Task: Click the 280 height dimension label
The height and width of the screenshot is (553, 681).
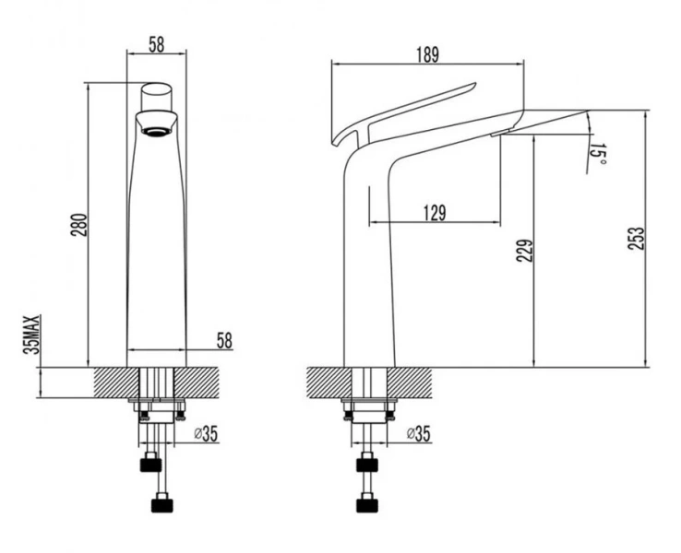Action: point(79,225)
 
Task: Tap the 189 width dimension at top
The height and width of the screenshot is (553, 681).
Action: point(428,54)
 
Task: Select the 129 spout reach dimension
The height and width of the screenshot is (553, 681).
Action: point(435,213)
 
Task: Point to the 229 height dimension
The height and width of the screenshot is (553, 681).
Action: point(525,251)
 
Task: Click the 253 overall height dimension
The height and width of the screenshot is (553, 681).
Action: point(637,238)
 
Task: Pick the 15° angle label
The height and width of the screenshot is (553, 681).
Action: point(597,155)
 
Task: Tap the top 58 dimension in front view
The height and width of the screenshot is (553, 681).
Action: point(157,44)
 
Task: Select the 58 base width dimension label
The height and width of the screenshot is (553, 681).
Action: point(224,340)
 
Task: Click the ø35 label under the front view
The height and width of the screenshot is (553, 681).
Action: point(206,433)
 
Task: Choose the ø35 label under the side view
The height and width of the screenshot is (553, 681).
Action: point(419,433)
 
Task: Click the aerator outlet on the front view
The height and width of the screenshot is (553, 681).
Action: point(156,131)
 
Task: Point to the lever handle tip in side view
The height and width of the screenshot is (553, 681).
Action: point(474,84)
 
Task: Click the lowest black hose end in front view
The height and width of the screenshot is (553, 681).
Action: point(162,505)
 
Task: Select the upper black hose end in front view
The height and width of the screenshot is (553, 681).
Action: point(150,465)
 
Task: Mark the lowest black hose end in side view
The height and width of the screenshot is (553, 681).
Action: point(367,505)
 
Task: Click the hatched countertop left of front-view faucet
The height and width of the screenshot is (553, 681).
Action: point(116,382)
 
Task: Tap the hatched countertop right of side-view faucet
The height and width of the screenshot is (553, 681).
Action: point(409,382)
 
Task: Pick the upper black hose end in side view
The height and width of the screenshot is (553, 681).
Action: point(367,465)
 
